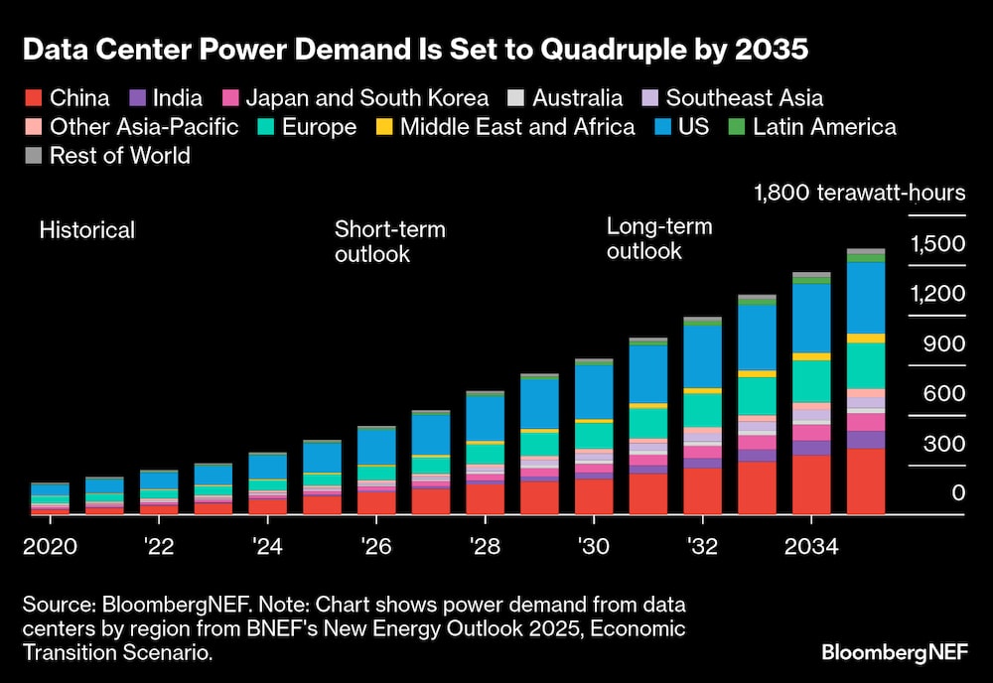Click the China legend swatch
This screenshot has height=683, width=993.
click(x=32, y=98)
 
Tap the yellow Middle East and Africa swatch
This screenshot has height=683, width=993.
click(x=382, y=127)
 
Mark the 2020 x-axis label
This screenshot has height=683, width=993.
click(x=50, y=548)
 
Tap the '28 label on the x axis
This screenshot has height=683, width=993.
click(x=485, y=548)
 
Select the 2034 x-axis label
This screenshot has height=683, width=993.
click(x=810, y=548)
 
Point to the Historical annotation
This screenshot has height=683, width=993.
click(x=87, y=230)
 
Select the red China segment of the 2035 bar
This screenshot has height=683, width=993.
click(x=866, y=480)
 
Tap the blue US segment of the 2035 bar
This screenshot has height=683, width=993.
click(x=866, y=296)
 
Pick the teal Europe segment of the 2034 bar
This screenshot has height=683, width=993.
click(x=811, y=380)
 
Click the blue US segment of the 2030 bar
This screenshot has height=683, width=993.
click(x=594, y=391)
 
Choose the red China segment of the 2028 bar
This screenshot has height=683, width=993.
click(x=485, y=498)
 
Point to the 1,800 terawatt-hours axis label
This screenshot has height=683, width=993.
click(x=859, y=192)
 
